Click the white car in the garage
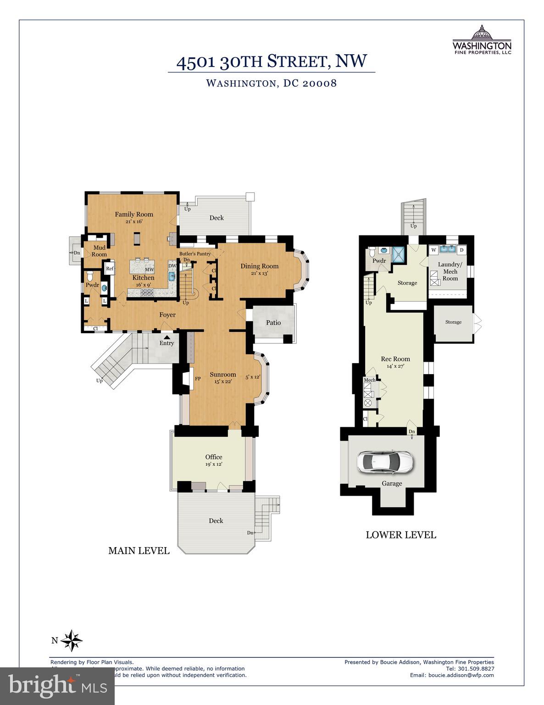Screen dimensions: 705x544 click(x=385, y=462)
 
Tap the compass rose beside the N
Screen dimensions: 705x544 click(x=72, y=640)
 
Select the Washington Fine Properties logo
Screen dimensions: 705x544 click(x=482, y=39)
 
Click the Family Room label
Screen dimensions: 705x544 click(x=134, y=214)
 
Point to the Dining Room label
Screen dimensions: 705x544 click(x=260, y=266)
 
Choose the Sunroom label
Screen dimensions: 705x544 click(x=223, y=375)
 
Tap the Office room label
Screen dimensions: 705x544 click(x=214, y=457)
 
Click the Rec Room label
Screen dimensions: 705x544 click(x=395, y=359)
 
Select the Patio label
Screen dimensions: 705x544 click(x=273, y=323)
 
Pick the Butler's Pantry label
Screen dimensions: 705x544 click(x=195, y=254)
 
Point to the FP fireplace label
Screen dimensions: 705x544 click(x=198, y=379)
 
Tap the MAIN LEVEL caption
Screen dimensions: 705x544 click(x=139, y=551)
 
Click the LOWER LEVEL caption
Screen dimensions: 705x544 click(x=401, y=535)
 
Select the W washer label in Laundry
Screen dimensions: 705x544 click(x=433, y=250)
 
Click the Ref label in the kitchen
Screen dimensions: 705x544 click(x=110, y=269)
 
